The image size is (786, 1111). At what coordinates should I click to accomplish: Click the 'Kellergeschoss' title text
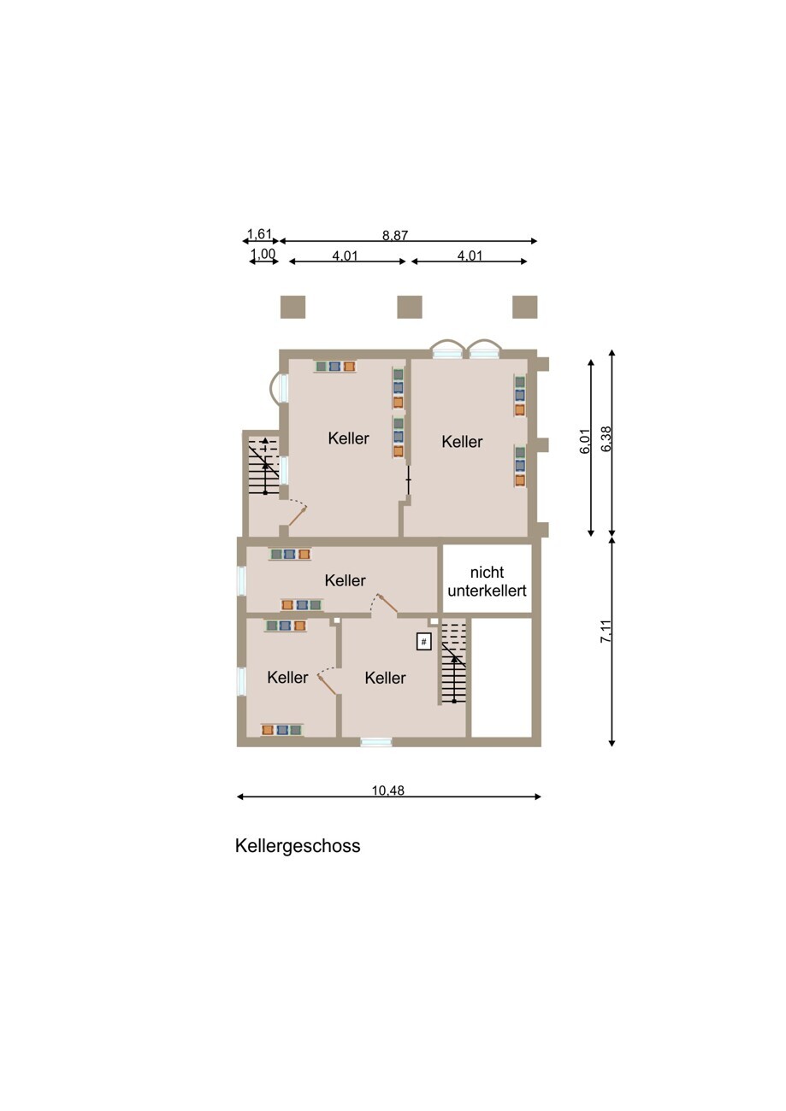(x=298, y=846)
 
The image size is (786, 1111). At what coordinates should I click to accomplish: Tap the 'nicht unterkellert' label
(x=487, y=581)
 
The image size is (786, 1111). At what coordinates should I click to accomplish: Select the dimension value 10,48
(x=388, y=791)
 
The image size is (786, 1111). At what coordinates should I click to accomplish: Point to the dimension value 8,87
(x=395, y=235)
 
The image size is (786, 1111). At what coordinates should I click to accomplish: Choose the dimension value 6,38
(x=606, y=439)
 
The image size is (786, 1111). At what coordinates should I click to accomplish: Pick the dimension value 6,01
(x=585, y=440)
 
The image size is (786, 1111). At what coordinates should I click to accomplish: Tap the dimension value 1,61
(x=259, y=233)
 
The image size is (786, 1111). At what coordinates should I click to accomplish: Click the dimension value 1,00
(x=263, y=254)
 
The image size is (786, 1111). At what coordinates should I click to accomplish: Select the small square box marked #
(x=423, y=642)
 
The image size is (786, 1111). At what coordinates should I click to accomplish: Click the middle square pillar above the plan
(x=410, y=307)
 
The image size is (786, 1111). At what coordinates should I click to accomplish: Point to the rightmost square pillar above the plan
(x=524, y=307)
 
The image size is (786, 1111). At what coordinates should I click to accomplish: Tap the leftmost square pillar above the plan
(x=293, y=307)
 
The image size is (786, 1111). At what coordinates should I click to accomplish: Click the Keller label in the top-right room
(x=462, y=442)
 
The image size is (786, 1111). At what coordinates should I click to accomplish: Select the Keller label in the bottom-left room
(x=287, y=677)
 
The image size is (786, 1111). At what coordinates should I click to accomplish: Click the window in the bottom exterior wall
(x=376, y=742)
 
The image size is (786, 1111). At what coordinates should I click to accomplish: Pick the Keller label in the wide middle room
(x=345, y=579)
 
